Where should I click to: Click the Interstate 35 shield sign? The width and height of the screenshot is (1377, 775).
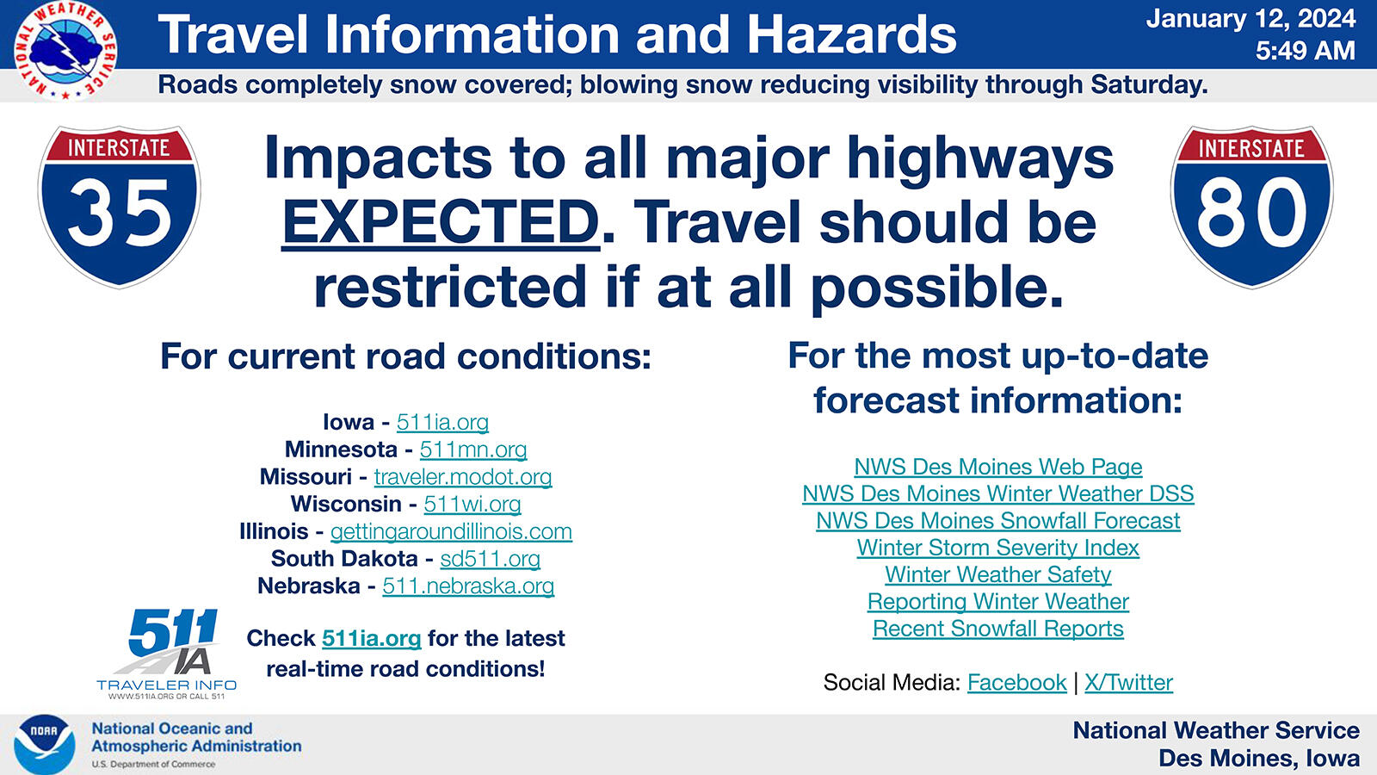[119, 207]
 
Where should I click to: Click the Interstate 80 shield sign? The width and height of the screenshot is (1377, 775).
[1250, 207]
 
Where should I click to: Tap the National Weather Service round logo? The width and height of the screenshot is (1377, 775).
[65, 50]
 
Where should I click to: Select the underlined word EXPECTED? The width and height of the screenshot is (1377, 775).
[441, 222]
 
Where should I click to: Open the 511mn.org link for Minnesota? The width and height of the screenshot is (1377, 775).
[472, 449]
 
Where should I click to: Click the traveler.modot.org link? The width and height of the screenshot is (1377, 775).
[462, 477]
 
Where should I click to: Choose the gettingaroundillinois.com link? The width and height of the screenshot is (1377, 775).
[451, 531]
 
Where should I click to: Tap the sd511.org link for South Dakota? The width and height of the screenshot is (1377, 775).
[490, 559]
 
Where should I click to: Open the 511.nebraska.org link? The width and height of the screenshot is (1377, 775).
[468, 586]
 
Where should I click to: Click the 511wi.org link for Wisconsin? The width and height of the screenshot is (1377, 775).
[472, 504]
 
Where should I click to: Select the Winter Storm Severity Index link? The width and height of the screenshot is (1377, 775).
[997, 548]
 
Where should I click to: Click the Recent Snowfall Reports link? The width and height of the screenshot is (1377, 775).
[997, 629]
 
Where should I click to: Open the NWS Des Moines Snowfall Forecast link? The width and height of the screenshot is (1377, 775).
[997, 521]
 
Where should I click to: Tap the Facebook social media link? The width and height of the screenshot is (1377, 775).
[1016, 683]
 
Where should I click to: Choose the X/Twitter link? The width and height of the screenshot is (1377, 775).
[1128, 683]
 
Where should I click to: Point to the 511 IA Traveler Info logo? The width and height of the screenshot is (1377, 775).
[167, 652]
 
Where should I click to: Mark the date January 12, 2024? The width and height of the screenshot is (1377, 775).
[1250, 19]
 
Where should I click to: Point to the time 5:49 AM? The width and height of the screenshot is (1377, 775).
[1305, 51]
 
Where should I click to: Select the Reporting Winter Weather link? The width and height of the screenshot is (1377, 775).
[997, 602]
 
